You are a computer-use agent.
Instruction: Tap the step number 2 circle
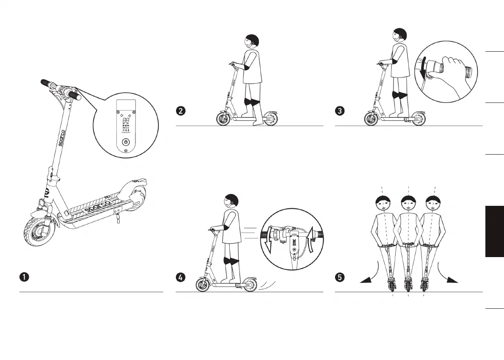click(180, 111)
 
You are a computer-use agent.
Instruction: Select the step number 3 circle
click(339, 111)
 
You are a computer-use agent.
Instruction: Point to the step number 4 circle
click(180, 277)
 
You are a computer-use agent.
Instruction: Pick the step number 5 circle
click(339, 277)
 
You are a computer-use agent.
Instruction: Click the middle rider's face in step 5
click(408, 205)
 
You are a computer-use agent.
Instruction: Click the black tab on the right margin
click(495, 231)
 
